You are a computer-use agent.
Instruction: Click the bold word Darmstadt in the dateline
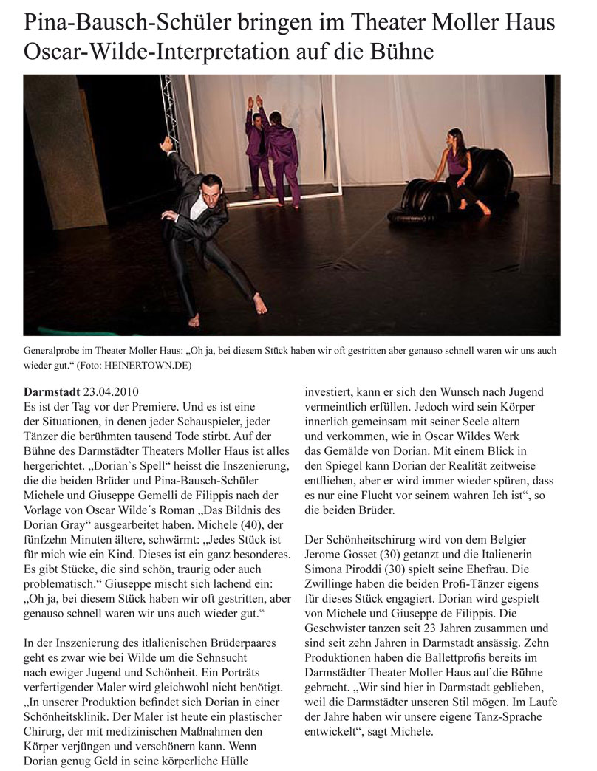[52, 391]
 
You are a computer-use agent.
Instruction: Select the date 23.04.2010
[111, 391]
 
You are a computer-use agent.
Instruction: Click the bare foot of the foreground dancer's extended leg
[259, 303]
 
